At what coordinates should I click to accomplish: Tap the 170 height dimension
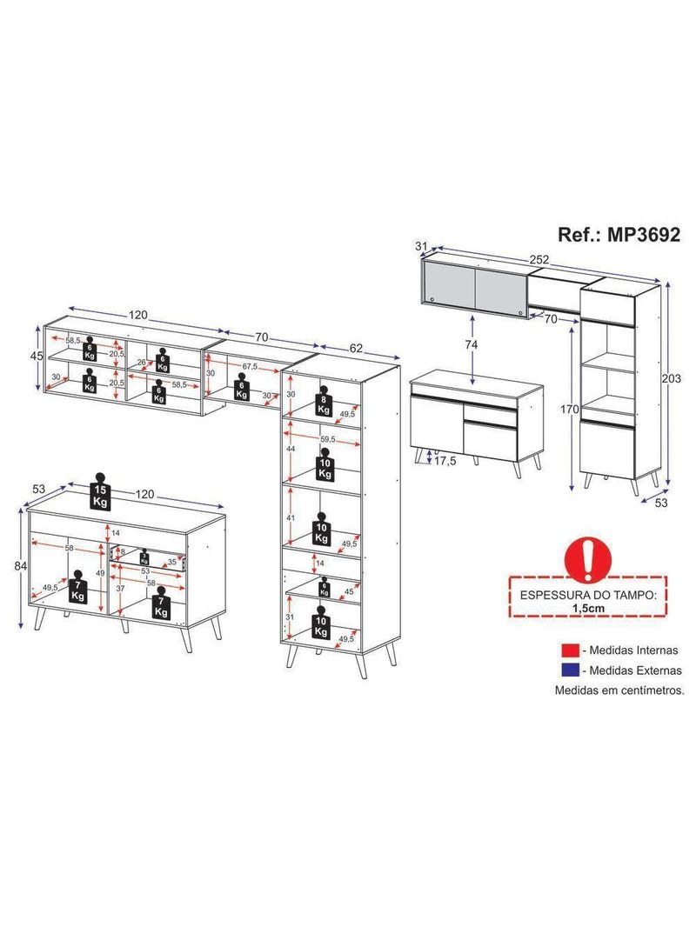point(570,410)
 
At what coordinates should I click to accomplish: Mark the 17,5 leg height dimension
point(445,461)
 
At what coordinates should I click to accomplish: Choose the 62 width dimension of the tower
point(357,348)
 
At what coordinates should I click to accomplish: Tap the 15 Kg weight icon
point(100,493)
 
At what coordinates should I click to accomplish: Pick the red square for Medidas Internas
point(570,650)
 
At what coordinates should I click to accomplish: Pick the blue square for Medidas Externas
point(570,670)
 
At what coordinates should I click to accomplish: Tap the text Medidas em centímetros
point(619,690)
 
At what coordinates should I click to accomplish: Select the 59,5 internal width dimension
point(326,439)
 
